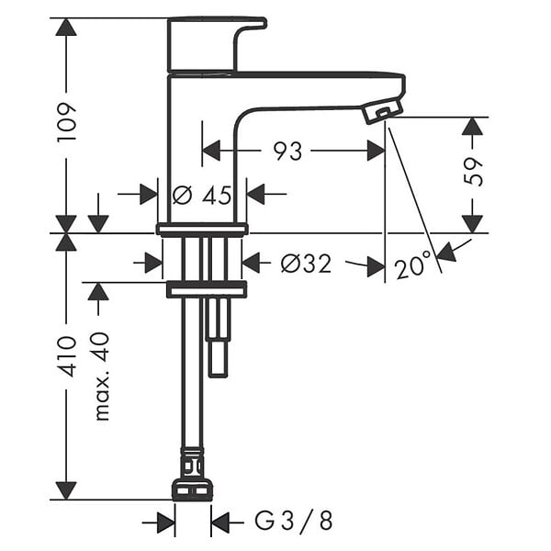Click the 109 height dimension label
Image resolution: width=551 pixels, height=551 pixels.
pos(66,122)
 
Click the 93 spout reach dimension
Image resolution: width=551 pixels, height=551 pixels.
pos(287,152)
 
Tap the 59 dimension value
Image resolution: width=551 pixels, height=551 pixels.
pos(473,172)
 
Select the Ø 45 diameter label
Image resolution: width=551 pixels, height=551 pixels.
pos(202,195)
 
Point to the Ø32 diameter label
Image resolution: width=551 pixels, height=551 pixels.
pos(306,264)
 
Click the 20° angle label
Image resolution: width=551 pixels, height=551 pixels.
pos(412,266)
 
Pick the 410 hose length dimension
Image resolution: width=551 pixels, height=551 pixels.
pos(66,356)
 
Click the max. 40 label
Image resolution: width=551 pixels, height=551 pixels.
pos(102,377)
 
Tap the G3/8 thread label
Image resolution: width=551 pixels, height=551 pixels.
pos(294,521)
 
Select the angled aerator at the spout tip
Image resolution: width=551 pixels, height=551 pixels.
pos(383,110)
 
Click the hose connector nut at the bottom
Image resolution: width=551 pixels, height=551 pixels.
pos(192,489)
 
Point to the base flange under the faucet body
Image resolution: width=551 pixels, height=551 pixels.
pos(202,230)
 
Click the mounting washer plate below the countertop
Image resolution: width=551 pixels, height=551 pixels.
pos(207,290)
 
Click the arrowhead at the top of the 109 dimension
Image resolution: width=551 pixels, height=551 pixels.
pos(66,27)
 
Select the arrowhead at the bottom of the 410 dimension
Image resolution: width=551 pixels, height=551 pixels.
pos(66,490)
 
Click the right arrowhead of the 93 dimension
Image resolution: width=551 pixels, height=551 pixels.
pos(376,151)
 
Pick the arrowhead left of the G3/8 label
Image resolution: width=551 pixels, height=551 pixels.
pos(166,523)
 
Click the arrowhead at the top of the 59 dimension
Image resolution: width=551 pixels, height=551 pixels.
pos(473,126)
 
